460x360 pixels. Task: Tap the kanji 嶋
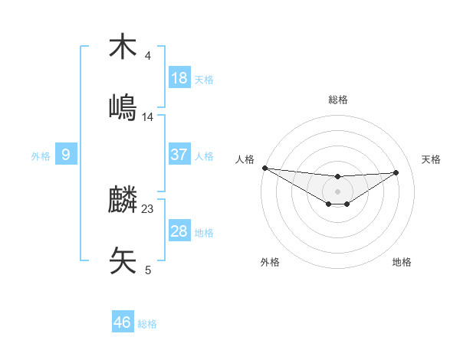pos(123,106)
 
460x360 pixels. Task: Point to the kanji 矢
pos(123,260)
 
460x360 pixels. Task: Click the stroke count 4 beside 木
pos(148,56)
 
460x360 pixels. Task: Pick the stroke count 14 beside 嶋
pos(148,116)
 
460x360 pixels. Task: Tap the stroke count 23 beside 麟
pos(148,209)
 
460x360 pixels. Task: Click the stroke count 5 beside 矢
pos(148,270)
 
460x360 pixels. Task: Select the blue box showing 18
pos(179,78)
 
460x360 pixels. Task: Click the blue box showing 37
pos(179,155)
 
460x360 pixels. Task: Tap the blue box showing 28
pos(179,231)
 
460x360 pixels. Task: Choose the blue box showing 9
pos(66,155)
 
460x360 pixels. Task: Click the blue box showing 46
pos(123,322)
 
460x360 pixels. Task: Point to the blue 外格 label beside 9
pos(41,155)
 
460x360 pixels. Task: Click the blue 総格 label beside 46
pos(148,324)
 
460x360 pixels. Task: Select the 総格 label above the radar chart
pos(337,100)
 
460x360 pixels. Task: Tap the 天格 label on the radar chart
pos(432,159)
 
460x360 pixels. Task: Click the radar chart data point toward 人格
pos(264,168)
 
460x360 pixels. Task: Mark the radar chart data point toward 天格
pos(396,172)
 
